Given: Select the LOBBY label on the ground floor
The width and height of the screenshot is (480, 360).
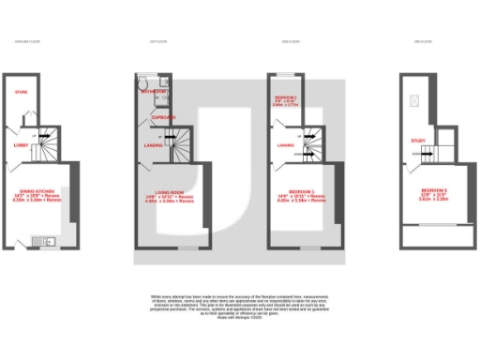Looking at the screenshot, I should [21, 145].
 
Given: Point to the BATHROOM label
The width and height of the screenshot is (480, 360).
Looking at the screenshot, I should [153, 92].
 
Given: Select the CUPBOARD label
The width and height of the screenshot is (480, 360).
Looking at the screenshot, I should [164, 117].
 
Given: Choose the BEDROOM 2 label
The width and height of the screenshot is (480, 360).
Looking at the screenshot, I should [286, 97].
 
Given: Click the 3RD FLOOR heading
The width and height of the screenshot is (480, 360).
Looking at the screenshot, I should [423, 41].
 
